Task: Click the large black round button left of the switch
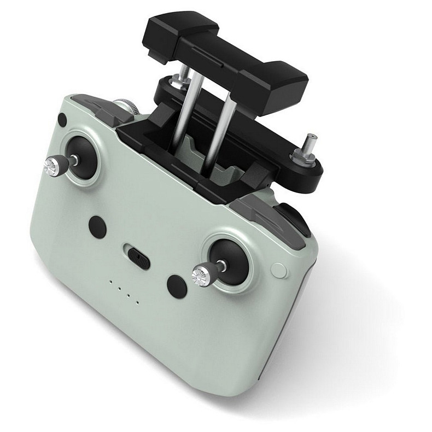(x=97, y=226)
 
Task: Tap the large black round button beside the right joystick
(x=176, y=286)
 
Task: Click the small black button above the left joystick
(x=62, y=120)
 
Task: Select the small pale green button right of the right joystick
(x=278, y=270)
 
